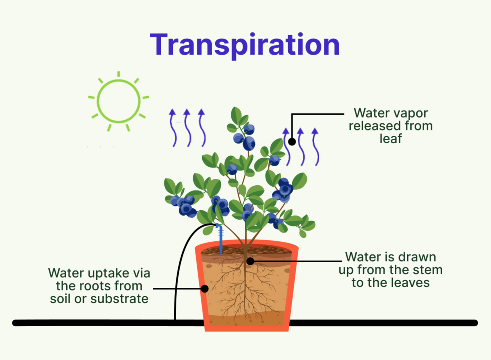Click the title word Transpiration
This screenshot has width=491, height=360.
(245, 45)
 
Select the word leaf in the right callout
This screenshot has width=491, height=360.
(391, 138)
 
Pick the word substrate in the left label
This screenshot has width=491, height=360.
(119, 299)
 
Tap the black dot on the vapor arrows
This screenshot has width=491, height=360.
(292, 142)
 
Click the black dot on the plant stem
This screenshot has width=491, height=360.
(250, 261)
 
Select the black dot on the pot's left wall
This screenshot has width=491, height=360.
(205, 289)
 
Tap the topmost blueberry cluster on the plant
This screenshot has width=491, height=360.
(245, 137)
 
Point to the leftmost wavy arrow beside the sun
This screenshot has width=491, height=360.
(173, 128)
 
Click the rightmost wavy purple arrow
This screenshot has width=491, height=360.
(316, 147)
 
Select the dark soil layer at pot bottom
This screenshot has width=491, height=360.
(246, 320)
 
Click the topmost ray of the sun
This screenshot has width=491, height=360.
(119, 74)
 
